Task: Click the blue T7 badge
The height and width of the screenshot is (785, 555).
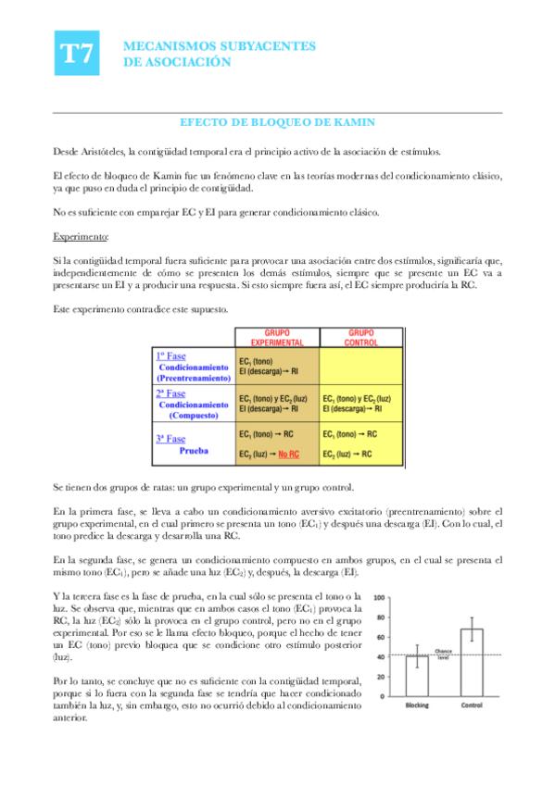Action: pos(75,54)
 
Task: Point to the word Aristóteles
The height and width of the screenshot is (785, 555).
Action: pos(100,152)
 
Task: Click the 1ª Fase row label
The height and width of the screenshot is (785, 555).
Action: pos(171,355)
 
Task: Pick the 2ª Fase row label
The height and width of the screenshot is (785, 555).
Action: pos(170,393)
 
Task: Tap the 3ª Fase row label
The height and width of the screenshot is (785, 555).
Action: pos(170,438)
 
